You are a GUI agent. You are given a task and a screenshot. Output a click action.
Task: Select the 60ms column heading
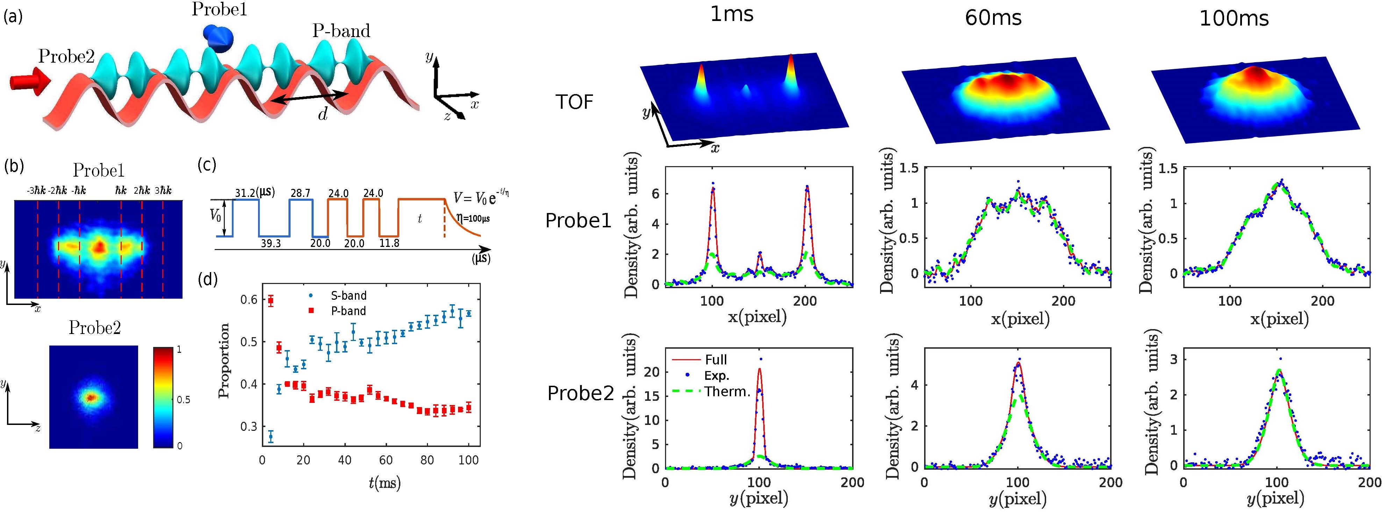click(993, 18)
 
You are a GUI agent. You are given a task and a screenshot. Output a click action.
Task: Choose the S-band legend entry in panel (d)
click(348, 296)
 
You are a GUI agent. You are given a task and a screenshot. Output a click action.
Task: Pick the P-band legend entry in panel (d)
click(348, 311)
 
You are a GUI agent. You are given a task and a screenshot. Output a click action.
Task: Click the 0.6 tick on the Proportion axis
click(249, 299)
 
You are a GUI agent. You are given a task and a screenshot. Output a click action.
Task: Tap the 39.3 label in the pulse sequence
click(270, 243)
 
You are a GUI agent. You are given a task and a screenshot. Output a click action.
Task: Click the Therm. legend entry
click(727, 391)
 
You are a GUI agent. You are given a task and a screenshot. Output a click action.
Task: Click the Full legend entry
click(715, 359)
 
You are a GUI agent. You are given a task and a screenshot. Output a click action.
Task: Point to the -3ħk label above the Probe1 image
click(36, 190)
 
